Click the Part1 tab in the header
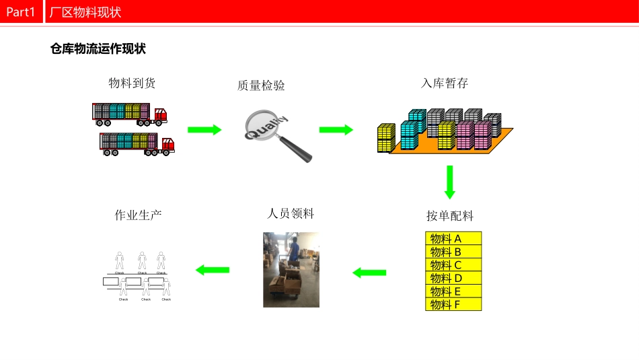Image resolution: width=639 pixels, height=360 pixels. [x=20, y=11]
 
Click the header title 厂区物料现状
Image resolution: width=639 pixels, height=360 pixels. [x=86, y=12]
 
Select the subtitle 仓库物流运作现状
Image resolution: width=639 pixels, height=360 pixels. [x=98, y=49]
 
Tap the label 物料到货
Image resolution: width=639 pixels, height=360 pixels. [x=132, y=83]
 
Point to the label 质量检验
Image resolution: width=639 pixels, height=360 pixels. [x=260, y=85]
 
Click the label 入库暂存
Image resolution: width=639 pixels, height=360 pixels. [x=444, y=83]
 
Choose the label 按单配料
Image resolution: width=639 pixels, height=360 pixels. [x=450, y=216]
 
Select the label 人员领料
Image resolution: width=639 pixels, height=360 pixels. [x=291, y=213]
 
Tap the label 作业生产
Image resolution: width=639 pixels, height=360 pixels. [x=138, y=215]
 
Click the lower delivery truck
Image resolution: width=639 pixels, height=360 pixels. [x=137, y=143]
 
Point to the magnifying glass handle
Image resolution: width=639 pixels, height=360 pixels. [x=297, y=149]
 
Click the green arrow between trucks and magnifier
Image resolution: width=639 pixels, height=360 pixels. [x=204, y=130]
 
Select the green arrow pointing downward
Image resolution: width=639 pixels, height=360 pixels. [x=450, y=182]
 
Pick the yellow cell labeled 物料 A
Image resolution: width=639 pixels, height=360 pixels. [x=454, y=238]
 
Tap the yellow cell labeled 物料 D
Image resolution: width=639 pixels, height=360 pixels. [x=454, y=278]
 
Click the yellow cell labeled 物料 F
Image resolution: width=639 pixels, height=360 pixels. [x=454, y=304]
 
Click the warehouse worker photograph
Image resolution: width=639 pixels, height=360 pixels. [x=291, y=269]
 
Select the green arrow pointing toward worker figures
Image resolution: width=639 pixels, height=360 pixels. [x=213, y=270]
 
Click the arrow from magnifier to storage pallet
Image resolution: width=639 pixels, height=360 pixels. [x=336, y=130]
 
